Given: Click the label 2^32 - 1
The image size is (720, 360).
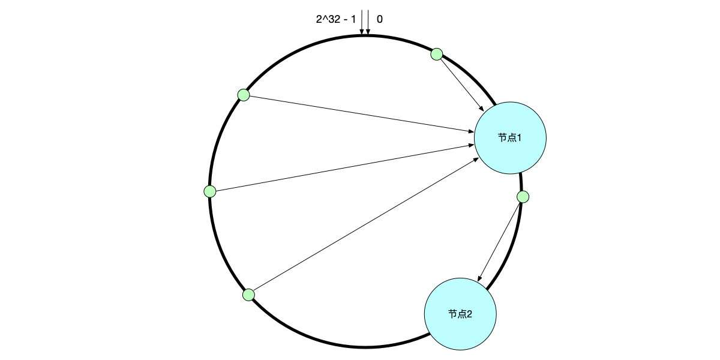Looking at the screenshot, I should pos(335,19).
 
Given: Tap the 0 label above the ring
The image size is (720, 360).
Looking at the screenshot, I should pos(380,19).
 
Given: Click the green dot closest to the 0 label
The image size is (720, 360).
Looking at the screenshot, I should pos(437,54).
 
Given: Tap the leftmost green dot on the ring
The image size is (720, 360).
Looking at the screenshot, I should pos(210,191).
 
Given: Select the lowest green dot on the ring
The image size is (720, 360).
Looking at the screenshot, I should pos(248,295).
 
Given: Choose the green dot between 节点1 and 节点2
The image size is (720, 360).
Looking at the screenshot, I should pos(523,197).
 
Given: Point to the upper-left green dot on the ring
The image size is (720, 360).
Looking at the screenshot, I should pos(244,95).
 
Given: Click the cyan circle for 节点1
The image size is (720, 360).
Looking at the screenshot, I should pos(510,138).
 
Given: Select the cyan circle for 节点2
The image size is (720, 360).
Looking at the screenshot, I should pos(460,314).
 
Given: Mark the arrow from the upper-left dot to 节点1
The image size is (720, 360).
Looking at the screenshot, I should pos(360,113).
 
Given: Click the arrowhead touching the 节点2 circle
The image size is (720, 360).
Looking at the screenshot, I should pos(479,279).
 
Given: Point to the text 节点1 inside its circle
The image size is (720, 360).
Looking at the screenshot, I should pos(510,138).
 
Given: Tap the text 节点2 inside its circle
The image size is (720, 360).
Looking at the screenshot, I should pos(460,314).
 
